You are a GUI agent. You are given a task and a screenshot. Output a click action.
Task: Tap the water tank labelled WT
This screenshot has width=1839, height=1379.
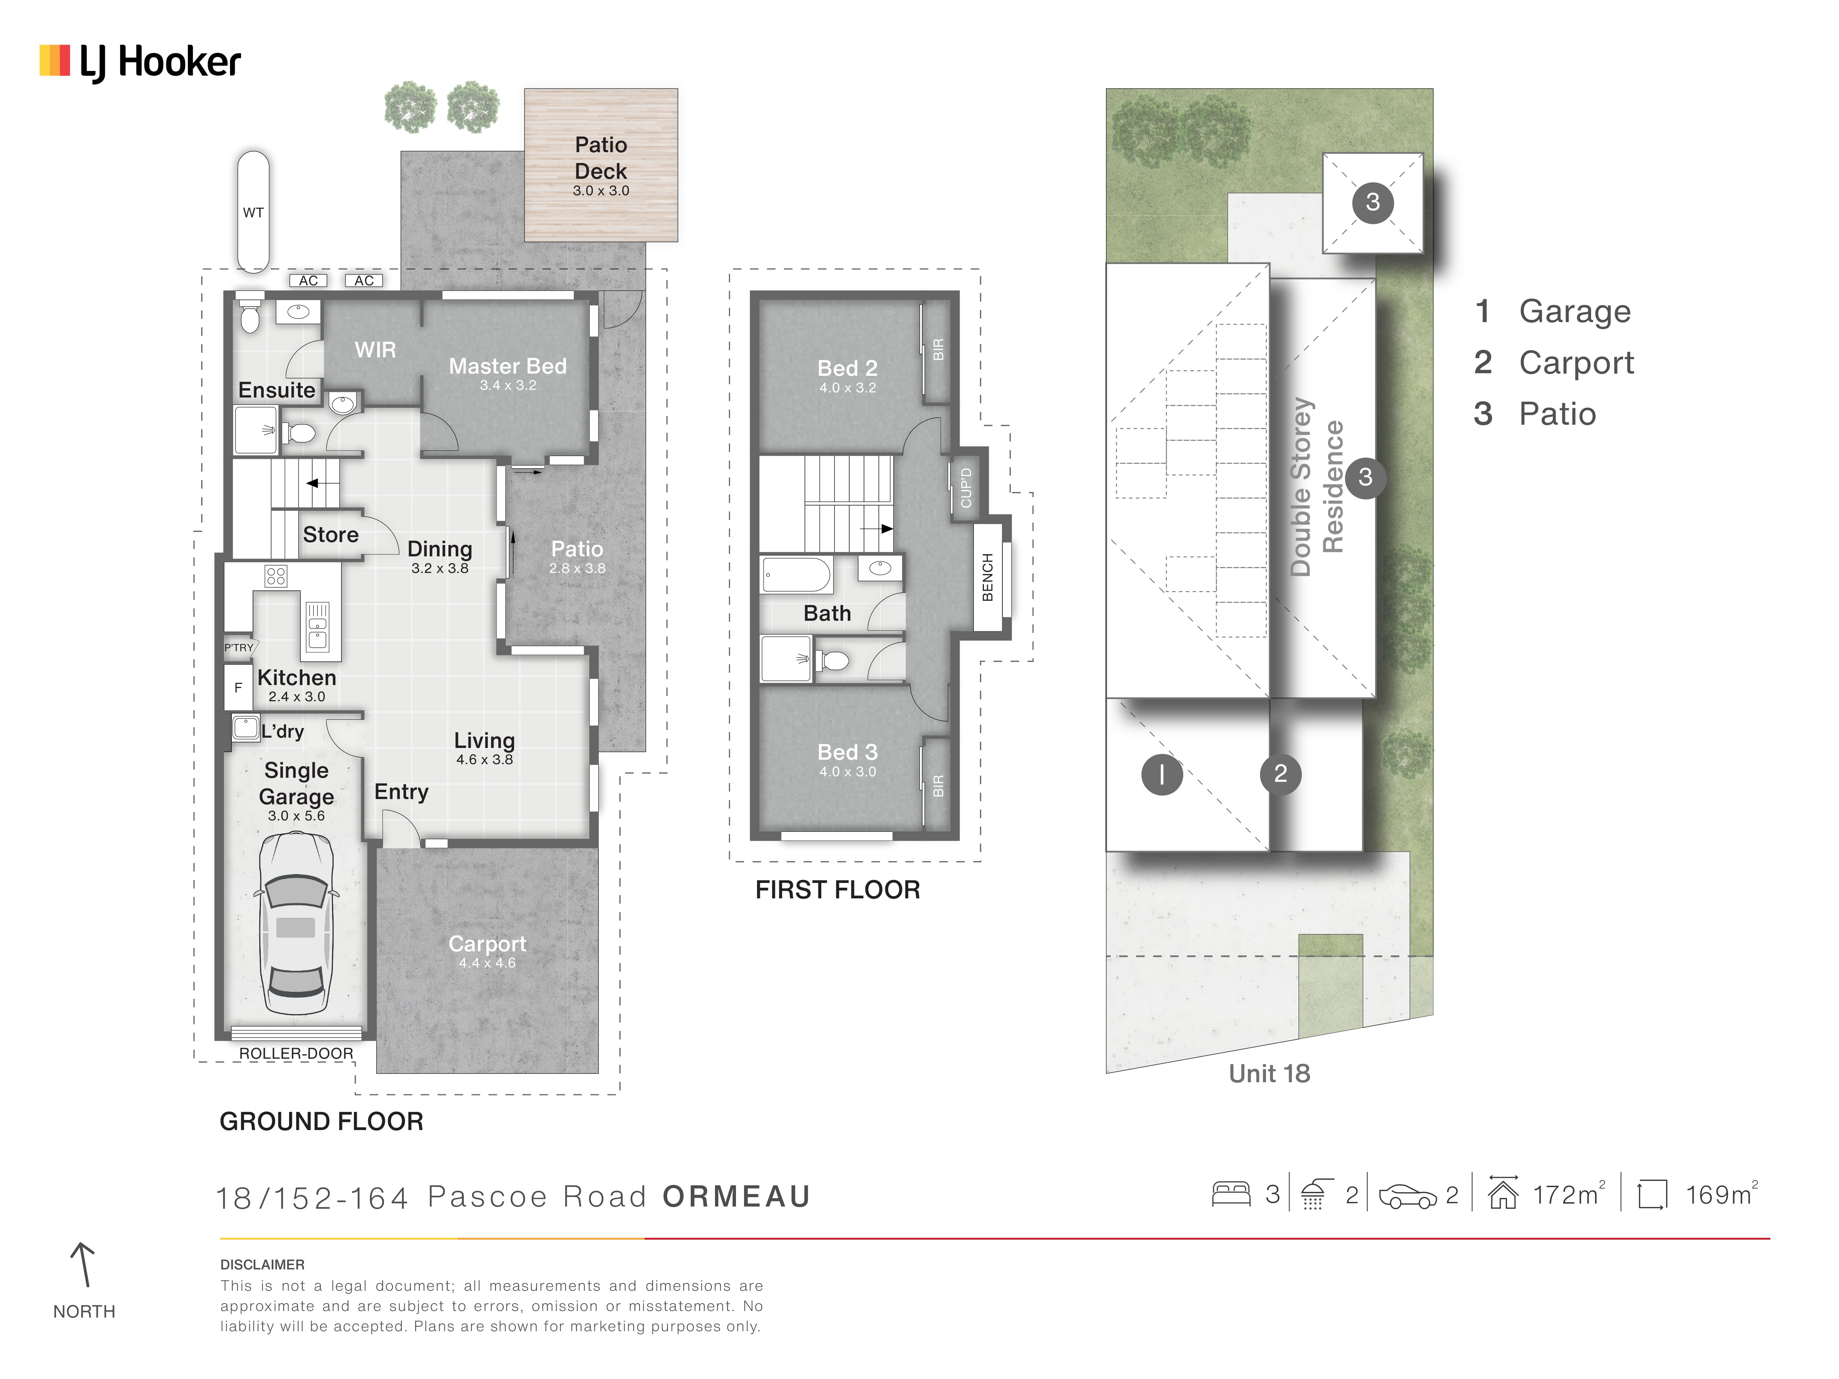click(253, 212)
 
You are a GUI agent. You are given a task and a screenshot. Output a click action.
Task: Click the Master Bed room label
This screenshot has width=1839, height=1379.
click(508, 367)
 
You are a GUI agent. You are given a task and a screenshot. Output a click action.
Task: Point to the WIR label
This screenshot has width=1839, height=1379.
click(375, 350)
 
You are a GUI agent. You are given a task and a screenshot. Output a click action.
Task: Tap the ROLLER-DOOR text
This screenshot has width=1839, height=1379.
click(296, 1053)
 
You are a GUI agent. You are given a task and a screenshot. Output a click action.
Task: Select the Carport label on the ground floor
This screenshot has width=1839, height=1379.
click(487, 944)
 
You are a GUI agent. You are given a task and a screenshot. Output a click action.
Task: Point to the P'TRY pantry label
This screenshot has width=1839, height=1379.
click(239, 648)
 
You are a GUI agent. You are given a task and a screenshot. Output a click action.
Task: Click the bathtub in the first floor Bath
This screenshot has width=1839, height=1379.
click(796, 574)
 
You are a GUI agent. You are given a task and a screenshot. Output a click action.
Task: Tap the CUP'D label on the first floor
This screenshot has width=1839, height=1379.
click(965, 488)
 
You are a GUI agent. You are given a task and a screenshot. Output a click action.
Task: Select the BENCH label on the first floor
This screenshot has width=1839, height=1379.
click(988, 577)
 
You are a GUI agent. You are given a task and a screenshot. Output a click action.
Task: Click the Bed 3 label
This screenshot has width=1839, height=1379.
click(847, 752)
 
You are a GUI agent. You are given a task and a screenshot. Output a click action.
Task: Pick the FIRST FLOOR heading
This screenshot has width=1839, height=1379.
click(837, 890)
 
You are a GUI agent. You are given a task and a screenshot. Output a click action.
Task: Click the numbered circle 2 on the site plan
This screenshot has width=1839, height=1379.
click(1280, 774)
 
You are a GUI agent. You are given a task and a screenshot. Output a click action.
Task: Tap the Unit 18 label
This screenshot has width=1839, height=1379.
click(1270, 1074)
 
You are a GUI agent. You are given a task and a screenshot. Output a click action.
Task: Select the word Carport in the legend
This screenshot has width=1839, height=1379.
click(1576, 363)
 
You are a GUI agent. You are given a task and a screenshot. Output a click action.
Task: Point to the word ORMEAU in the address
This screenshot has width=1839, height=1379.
click(737, 1197)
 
